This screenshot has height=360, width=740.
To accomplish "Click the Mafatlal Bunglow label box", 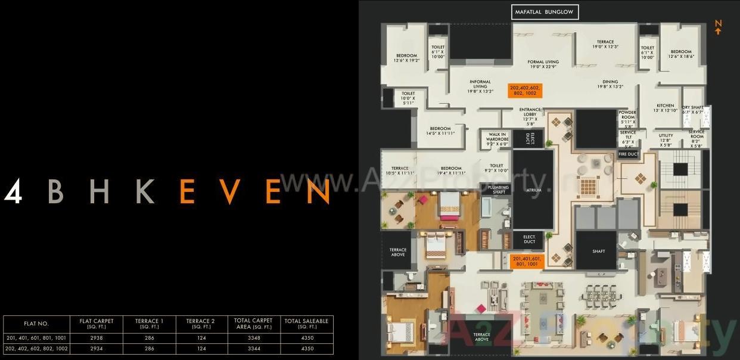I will click(x=545, y=12).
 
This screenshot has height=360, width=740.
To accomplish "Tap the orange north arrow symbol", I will click(x=718, y=27).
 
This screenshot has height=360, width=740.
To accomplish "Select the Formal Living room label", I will click(x=543, y=64).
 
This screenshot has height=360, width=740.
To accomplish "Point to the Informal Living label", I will click(x=480, y=87).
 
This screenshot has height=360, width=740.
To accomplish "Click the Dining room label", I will click(x=610, y=84).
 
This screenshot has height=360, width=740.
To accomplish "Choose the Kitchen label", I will click(x=666, y=108).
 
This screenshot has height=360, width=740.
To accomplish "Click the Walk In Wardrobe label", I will click(x=498, y=139).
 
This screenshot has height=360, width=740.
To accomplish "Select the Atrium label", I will click(x=534, y=190).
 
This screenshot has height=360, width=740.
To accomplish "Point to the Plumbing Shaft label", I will click(x=499, y=190).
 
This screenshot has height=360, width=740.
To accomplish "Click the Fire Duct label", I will click(x=628, y=154).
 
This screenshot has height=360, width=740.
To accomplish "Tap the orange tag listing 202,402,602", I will click(x=525, y=90).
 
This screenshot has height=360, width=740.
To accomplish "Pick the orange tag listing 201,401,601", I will click(x=525, y=260).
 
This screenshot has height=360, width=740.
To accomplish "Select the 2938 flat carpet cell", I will click(x=96, y=338).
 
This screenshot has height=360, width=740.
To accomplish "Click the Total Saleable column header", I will click(x=306, y=324).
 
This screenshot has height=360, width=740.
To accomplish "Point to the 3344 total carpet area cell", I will click(x=254, y=348).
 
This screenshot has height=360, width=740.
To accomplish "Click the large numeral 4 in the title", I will click(x=13, y=191).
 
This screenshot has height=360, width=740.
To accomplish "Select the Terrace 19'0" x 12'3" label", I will click(x=605, y=44).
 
